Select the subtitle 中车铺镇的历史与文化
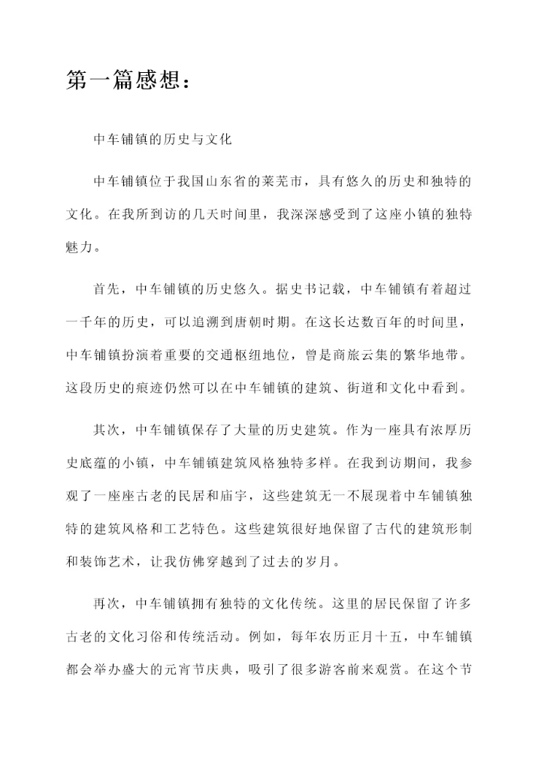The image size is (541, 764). (x=162, y=140)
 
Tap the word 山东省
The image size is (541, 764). (x=245, y=182)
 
